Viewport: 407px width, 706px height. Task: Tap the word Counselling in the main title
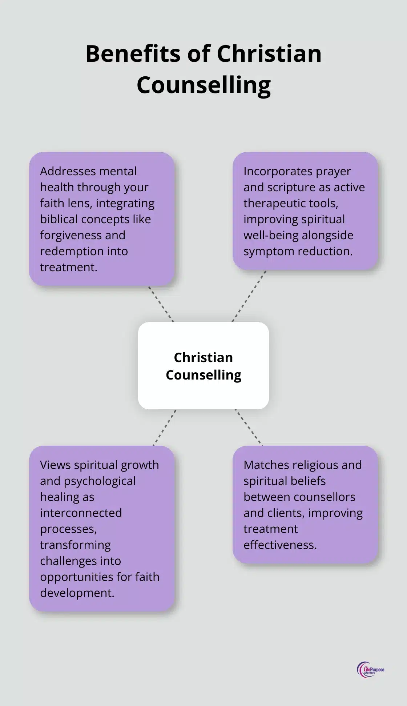(203, 85)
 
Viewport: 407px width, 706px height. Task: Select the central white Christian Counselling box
(203, 365)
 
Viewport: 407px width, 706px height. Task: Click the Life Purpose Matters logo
(370, 669)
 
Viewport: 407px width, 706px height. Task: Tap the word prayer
(333, 171)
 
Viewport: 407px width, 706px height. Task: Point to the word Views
(55, 465)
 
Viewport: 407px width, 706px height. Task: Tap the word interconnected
(81, 513)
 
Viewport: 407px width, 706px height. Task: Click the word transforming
(75, 545)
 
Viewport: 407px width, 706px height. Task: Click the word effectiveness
(280, 545)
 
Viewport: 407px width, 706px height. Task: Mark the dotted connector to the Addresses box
(161, 304)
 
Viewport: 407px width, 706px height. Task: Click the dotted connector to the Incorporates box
(249, 296)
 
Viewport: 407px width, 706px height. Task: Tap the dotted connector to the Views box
(165, 428)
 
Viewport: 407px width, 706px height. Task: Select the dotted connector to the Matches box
(249, 427)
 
